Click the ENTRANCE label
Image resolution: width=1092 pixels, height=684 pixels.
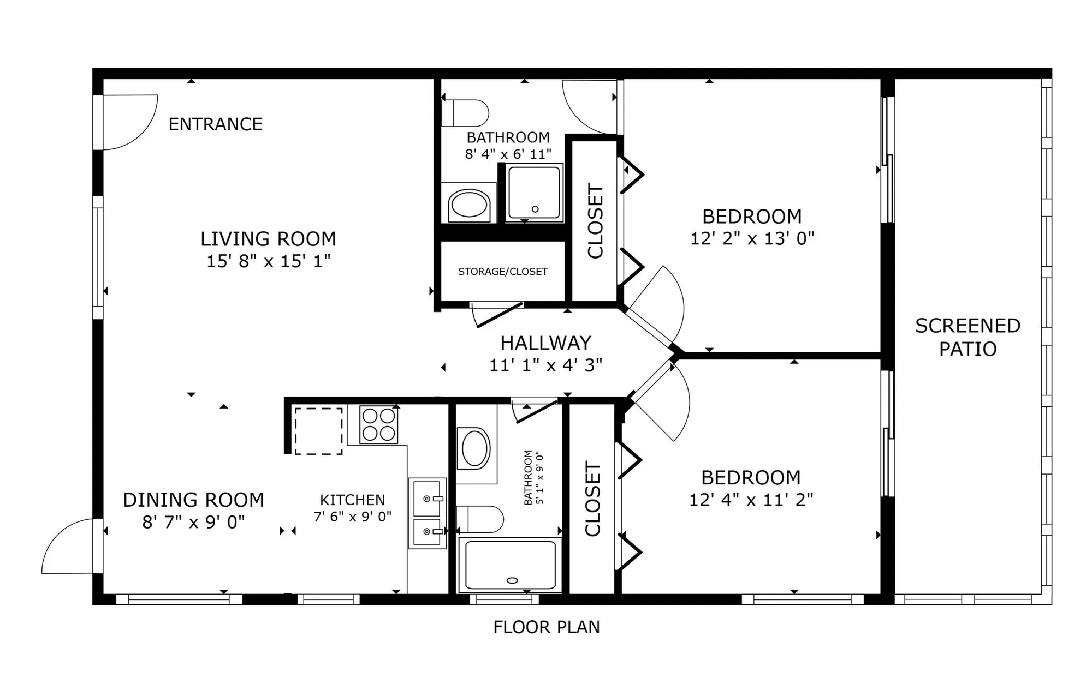pyautogui.click(x=215, y=124)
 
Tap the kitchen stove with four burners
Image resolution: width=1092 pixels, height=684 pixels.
pyautogui.click(x=379, y=424)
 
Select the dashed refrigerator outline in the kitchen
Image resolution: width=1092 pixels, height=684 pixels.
pyautogui.click(x=319, y=431)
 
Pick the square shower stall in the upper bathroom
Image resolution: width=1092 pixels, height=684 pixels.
pyautogui.click(x=534, y=193)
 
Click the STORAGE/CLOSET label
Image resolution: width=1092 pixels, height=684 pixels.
pyautogui.click(x=502, y=272)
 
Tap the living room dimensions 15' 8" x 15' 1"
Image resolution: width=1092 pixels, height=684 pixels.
pyautogui.click(x=268, y=261)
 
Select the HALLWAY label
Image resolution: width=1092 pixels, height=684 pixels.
pyautogui.click(x=545, y=343)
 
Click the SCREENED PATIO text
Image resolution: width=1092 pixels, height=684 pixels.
pyautogui.click(x=968, y=337)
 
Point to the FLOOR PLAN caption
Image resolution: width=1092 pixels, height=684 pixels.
pyautogui.click(x=546, y=627)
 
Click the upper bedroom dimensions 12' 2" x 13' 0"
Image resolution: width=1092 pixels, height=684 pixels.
pyautogui.click(x=752, y=239)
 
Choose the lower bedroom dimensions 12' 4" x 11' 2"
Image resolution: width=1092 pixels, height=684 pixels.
pyautogui.click(x=751, y=500)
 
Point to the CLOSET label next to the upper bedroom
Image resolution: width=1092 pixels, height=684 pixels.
pyautogui.click(x=595, y=221)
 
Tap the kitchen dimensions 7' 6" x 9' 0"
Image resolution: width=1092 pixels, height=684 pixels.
pyautogui.click(x=352, y=517)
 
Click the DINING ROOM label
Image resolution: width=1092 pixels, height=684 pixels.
pyautogui.click(x=193, y=500)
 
